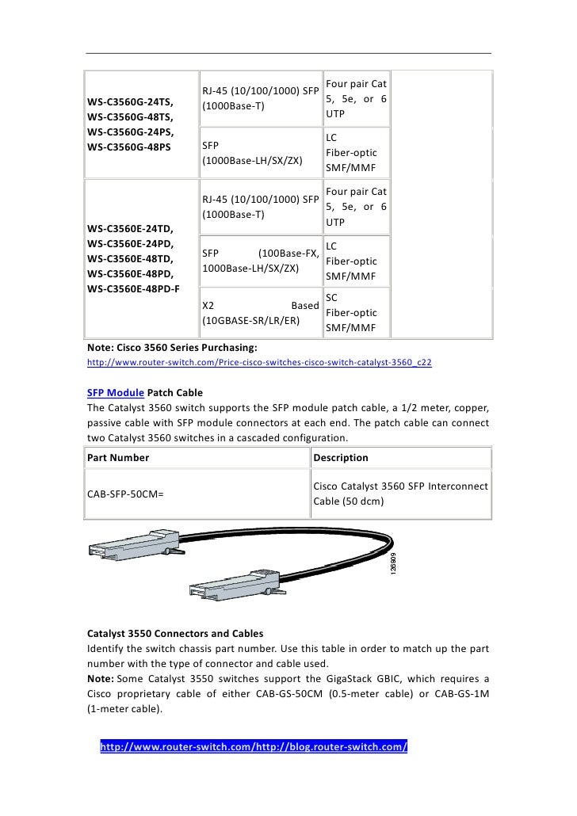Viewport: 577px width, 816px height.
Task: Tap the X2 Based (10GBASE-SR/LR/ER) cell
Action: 261,312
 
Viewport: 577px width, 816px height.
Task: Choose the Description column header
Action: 341,457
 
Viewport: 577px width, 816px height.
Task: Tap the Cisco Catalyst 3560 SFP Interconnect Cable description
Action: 400,494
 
